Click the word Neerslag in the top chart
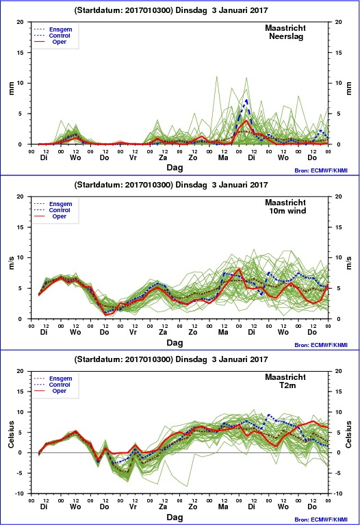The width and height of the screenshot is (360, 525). (286, 36)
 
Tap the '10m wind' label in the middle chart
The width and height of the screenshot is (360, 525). (287, 211)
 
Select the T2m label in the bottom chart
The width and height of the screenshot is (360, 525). (287, 385)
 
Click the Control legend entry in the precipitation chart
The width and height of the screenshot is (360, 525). (60, 36)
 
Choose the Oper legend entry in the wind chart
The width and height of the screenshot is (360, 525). (60, 216)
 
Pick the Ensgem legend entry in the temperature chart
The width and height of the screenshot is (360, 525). (61, 379)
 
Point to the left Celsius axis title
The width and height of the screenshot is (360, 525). (11, 434)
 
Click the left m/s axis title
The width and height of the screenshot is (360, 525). (11, 263)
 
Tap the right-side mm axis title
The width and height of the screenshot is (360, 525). (349, 88)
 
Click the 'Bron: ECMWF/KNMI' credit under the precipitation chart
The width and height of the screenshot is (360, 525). (321, 170)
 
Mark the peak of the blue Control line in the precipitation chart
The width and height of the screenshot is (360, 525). (246, 100)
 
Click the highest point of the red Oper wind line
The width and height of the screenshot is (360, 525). (239, 268)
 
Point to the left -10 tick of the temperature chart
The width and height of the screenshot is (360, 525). (21, 494)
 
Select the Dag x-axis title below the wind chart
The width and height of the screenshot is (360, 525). (175, 342)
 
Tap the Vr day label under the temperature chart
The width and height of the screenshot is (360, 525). (133, 507)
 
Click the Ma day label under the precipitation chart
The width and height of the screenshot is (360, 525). (223, 157)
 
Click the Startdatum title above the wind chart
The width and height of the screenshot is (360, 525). (171, 185)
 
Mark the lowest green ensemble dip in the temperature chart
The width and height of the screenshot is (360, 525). (187, 486)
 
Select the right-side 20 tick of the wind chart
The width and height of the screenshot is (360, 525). (338, 196)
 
